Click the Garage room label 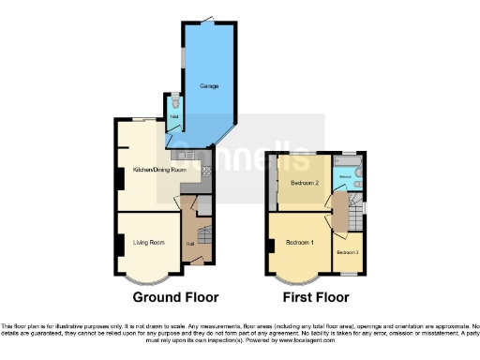coord(209,86)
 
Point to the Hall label coord(190,244)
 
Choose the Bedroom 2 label coord(306,182)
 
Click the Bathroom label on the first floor coord(345,176)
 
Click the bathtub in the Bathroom coord(361,173)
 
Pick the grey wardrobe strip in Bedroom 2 coord(274,182)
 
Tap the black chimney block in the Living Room coord(118,243)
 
